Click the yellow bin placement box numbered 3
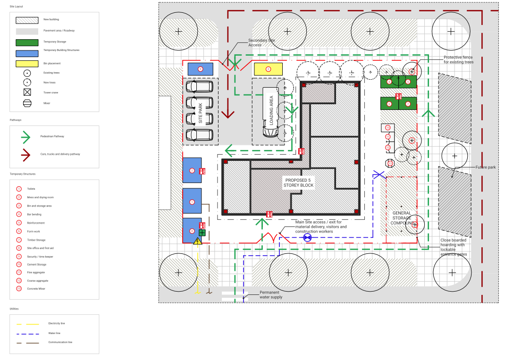268,69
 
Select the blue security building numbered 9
200,69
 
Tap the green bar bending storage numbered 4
389,82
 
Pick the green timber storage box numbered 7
408,103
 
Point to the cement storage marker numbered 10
387,127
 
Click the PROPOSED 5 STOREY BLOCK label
298,183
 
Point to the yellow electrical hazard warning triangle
198,242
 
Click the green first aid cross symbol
202,233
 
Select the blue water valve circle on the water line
307,238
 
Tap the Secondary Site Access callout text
261,42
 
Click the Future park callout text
485,167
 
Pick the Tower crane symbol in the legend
27,92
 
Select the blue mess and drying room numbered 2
192,170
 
